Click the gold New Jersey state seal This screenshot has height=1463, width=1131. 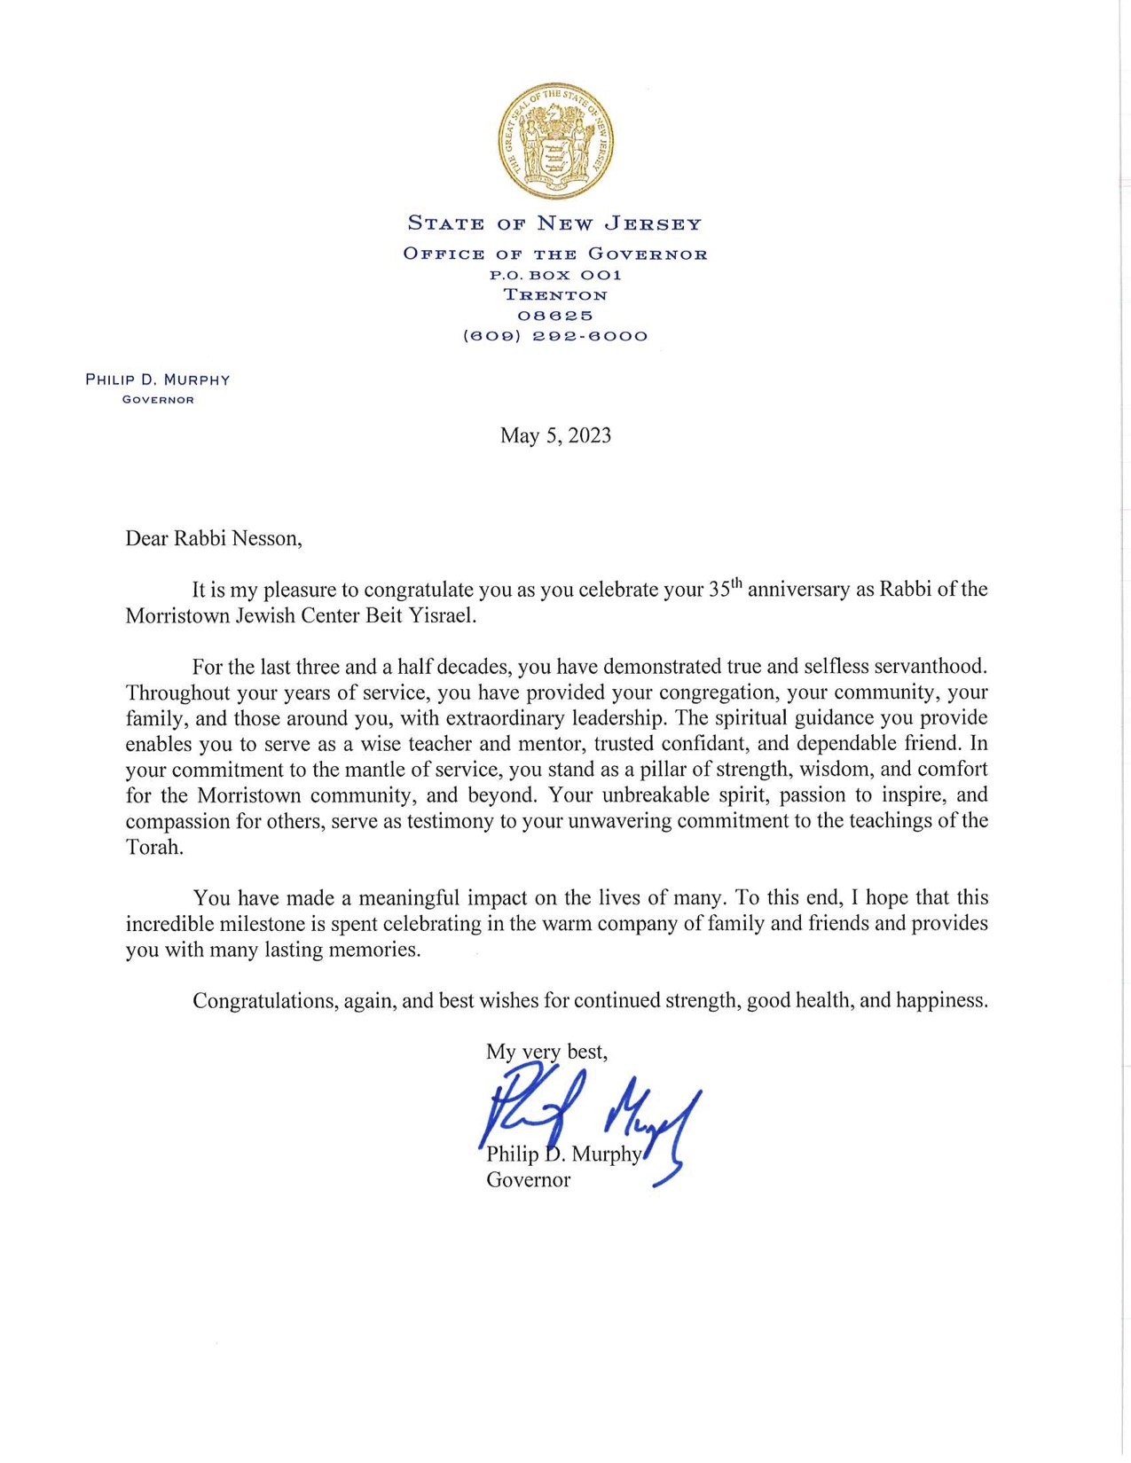coord(555,142)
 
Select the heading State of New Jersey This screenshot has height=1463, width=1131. coord(555,223)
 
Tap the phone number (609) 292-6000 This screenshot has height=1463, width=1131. coord(555,336)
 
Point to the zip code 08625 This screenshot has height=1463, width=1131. coord(555,316)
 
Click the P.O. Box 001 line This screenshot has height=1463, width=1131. coord(555,275)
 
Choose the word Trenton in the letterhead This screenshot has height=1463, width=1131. coord(555,295)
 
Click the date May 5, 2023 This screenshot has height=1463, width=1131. coord(555,435)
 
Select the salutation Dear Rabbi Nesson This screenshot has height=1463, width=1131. coord(214,538)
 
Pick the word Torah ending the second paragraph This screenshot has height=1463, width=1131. coord(154,847)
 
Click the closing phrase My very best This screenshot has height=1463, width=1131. coord(546,1052)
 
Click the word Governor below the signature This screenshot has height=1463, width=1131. coord(528,1180)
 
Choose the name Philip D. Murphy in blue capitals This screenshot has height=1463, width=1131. coord(158,380)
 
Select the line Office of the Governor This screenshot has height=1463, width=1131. coord(555,254)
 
